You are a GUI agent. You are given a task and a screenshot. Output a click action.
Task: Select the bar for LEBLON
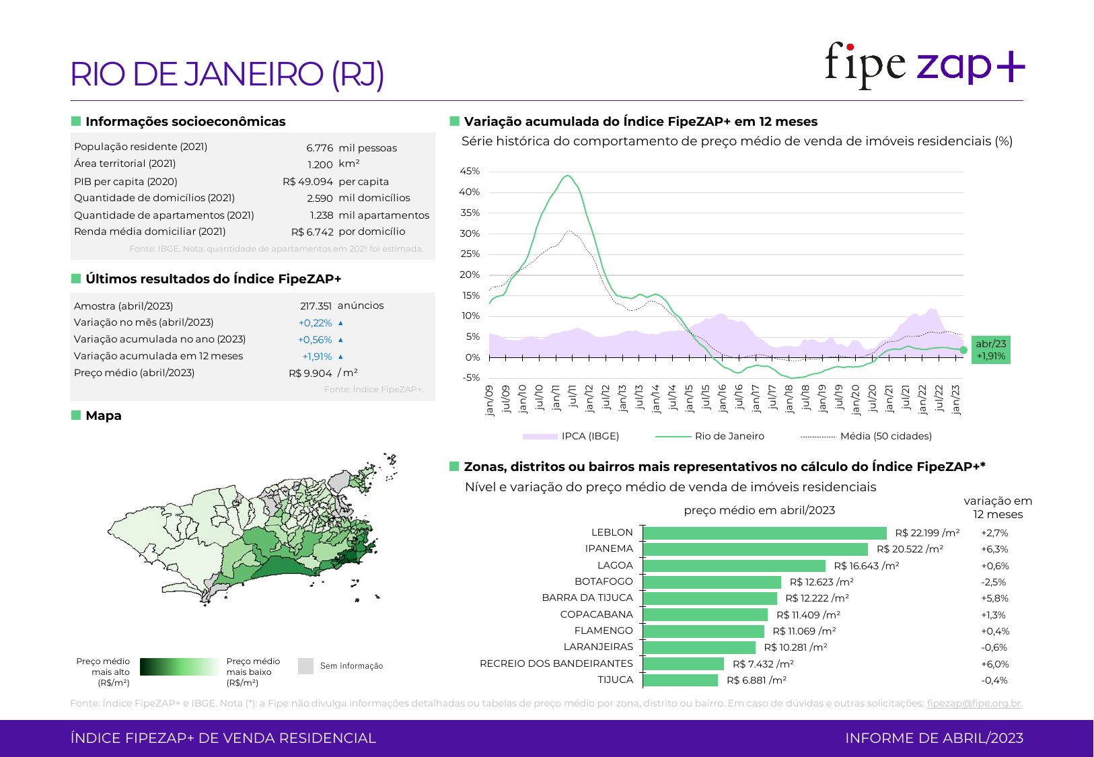[x=764, y=533]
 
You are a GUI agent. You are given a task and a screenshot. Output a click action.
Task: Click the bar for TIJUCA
[x=680, y=680]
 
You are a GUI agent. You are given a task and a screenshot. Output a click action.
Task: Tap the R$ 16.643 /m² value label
[x=866, y=566]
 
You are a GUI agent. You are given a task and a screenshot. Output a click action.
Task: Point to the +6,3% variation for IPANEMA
[x=994, y=549]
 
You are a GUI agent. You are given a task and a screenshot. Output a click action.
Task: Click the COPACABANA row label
[x=596, y=614]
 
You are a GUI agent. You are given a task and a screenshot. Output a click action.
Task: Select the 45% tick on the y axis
[x=470, y=172]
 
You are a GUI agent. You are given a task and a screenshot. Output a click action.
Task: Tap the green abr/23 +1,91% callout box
[x=990, y=350]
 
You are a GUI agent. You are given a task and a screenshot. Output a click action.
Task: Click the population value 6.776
[x=320, y=148]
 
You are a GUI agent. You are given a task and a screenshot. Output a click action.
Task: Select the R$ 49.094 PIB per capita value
[x=307, y=182]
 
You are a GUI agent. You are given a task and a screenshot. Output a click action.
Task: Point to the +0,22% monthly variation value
[x=315, y=323]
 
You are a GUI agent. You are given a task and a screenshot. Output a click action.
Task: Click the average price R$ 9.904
[x=310, y=373]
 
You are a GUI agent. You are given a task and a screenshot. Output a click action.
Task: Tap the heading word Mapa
[x=104, y=416]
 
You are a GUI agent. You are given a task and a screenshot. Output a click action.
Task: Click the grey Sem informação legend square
[x=305, y=666]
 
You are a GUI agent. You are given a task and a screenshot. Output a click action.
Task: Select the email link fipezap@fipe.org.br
[x=974, y=703]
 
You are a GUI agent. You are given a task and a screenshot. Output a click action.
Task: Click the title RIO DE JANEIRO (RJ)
[x=227, y=74]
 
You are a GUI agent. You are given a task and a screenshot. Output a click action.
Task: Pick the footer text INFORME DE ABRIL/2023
[x=934, y=738]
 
